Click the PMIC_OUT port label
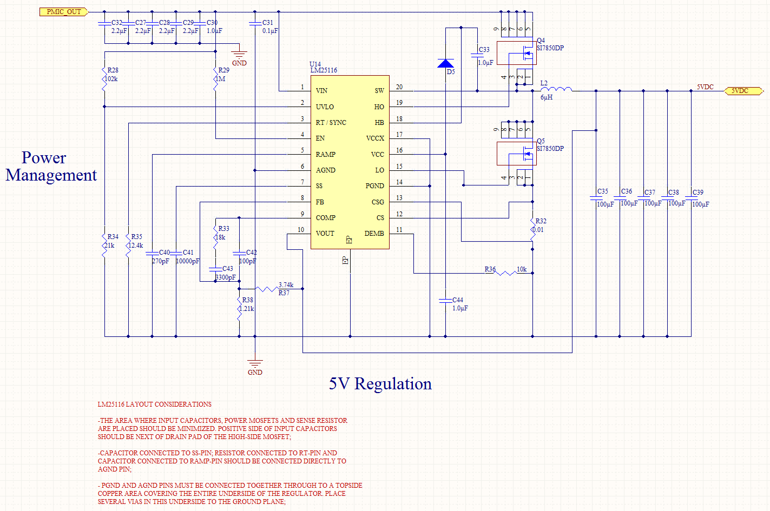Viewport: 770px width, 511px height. point(63,12)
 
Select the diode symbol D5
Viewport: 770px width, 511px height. point(446,63)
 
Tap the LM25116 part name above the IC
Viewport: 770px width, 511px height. point(324,70)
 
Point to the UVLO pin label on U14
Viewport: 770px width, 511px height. point(325,107)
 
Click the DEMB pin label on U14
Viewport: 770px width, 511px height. point(374,234)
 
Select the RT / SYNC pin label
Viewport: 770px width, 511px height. point(331,123)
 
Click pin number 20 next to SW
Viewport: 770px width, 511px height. point(399,87)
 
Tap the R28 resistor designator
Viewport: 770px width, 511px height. point(113,70)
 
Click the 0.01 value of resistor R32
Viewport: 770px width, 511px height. point(538,230)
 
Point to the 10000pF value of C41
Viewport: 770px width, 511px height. point(187,261)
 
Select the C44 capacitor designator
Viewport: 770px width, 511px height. point(458,300)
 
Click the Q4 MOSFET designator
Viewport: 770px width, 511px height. point(541,41)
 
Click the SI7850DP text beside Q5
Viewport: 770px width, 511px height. point(550,149)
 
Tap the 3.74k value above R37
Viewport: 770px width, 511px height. point(286,285)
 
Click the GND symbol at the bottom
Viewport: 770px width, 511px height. point(255,366)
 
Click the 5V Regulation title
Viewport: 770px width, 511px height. point(380,384)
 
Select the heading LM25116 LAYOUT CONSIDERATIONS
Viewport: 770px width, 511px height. point(154,404)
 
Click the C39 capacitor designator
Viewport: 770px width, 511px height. point(698,193)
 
